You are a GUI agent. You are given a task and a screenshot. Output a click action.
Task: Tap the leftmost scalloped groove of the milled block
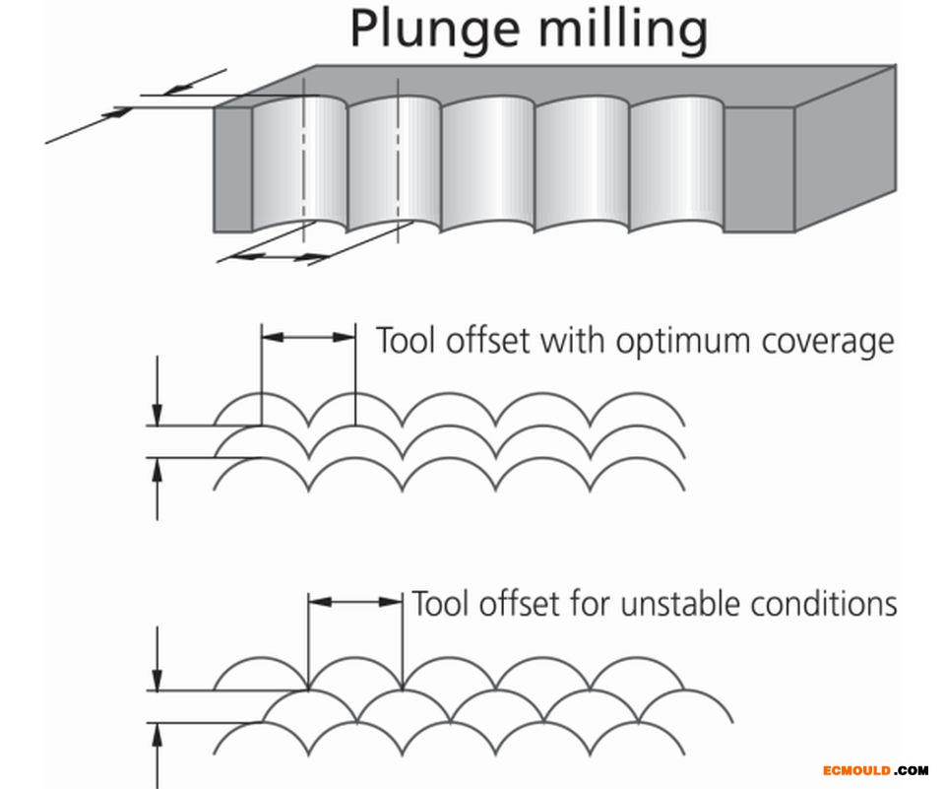[x=299, y=163]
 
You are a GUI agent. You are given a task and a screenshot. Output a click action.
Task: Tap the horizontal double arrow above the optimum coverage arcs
[x=308, y=337]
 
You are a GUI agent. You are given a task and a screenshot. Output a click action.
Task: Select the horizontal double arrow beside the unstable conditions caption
[x=355, y=601]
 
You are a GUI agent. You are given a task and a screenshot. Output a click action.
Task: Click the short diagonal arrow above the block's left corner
[x=192, y=85]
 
